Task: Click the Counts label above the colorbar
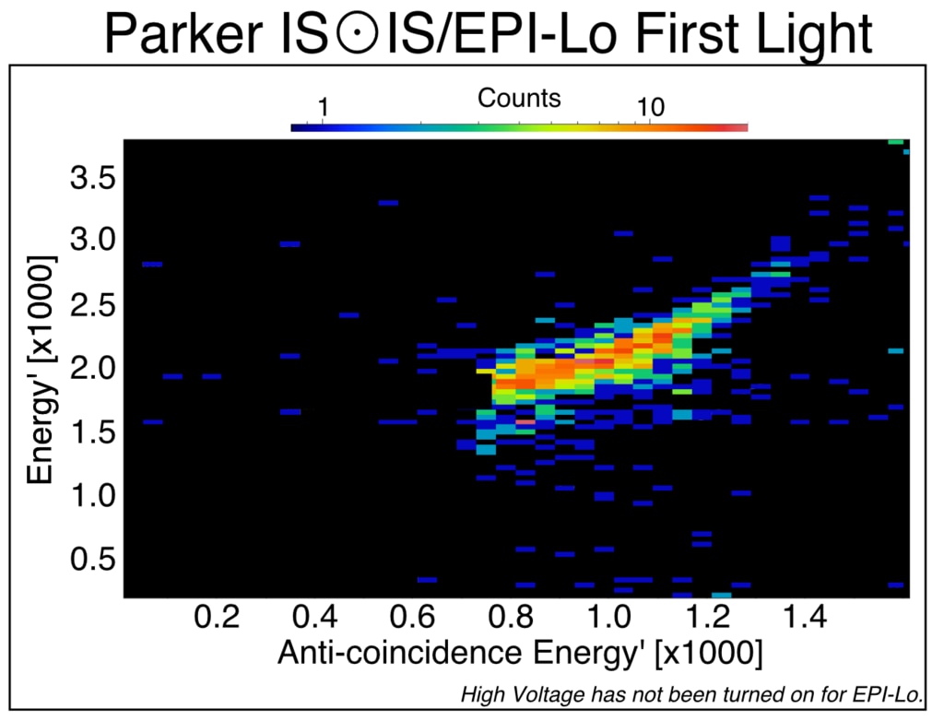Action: pyautogui.click(x=519, y=98)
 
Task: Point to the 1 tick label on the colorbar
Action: pyautogui.click(x=323, y=109)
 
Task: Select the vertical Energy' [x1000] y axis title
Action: pyautogui.click(x=41, y=370)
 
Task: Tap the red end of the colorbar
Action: pyautogui.click(x=739, y=127)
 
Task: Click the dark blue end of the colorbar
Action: pyautogui.click(x=298, y=127)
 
